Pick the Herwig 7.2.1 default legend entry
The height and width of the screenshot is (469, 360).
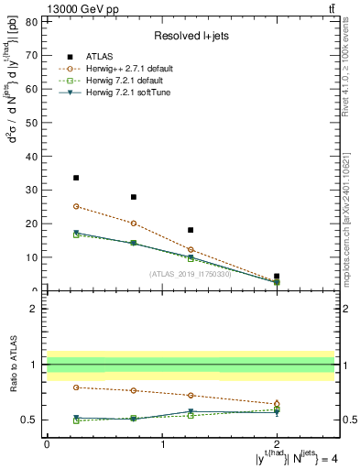coord(129,81)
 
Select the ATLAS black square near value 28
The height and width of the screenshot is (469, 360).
coord(134,197)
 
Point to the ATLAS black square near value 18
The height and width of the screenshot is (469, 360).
coord(191,230)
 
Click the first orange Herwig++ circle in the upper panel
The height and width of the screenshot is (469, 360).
coord(76,206)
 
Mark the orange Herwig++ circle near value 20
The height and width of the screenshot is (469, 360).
coord(134,224)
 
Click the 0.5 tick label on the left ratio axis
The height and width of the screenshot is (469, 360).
coord(31,420)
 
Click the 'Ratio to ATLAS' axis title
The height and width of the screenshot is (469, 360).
coord(12,365)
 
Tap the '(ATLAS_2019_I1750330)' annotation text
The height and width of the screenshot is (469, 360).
coord(191,274)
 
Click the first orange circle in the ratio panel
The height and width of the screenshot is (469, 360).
coord(76,387)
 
